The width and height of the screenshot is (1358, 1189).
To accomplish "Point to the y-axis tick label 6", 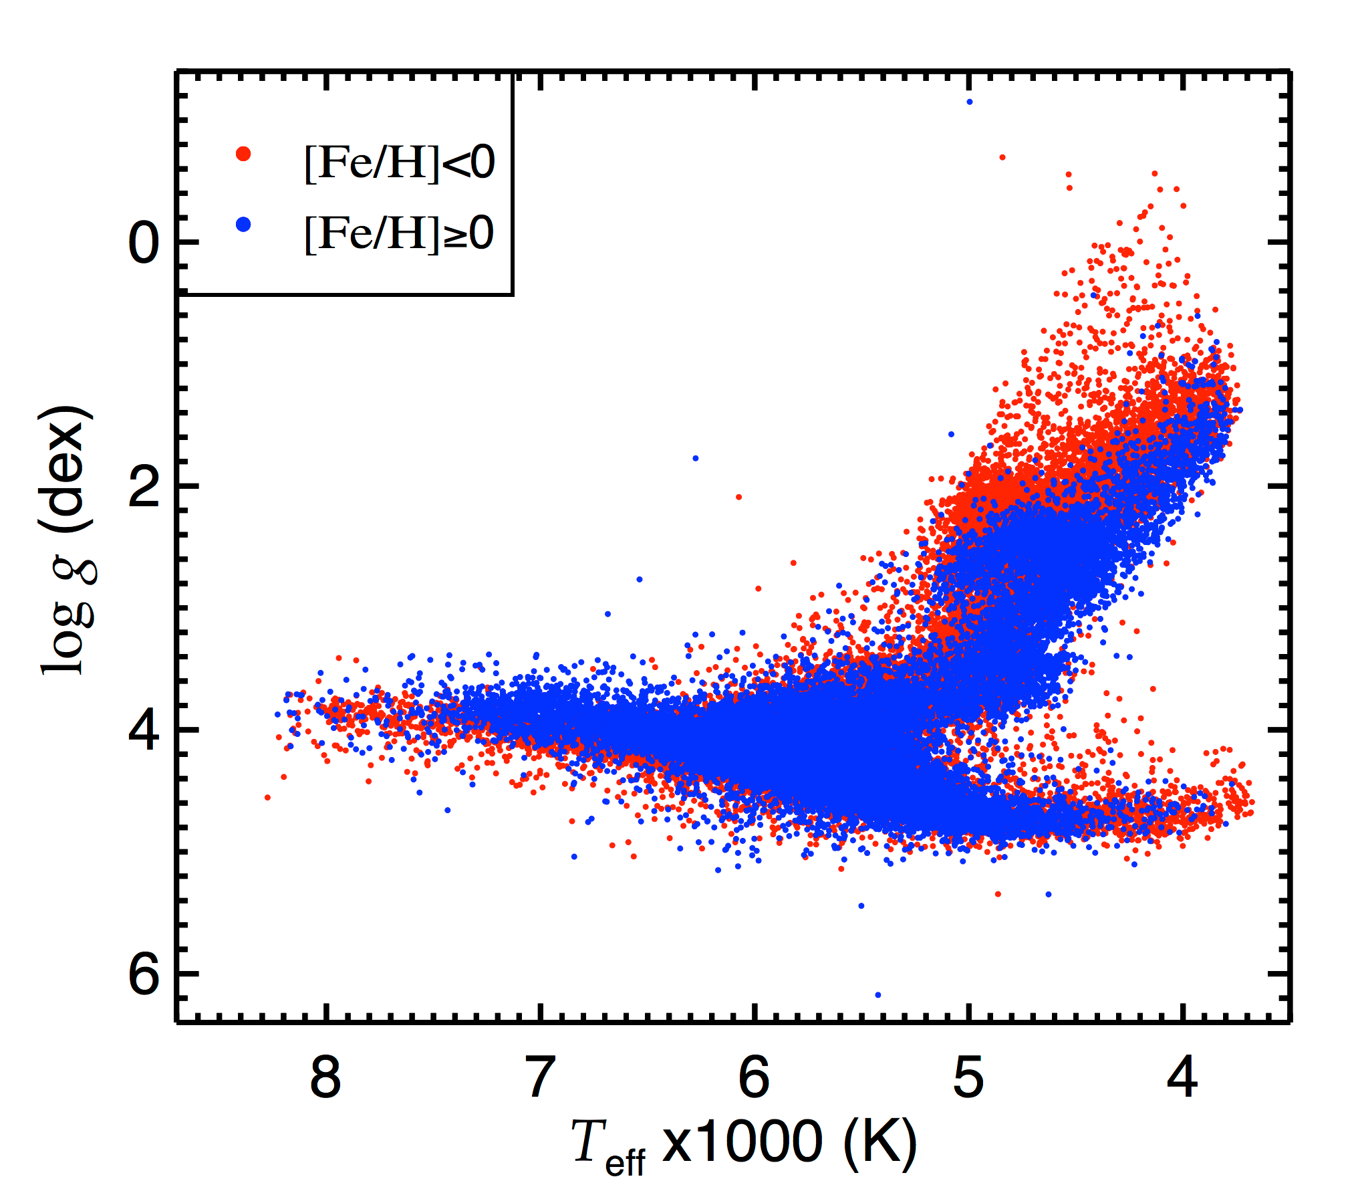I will pyautogui.click(x=144, y=974).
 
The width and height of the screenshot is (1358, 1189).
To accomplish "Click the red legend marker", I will pyautogui.click(x=244, y=154).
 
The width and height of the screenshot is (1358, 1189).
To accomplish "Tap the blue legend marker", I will pyautogui.click(x=244, y=225).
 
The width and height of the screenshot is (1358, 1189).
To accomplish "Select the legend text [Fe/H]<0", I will pyautogui.click(x=400, y=163).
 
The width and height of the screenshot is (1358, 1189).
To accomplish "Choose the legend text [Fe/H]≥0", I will pyautogui.click(x=400, y=233).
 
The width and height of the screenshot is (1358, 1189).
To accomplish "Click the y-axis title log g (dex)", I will pyautogui.click(x=67, y=539).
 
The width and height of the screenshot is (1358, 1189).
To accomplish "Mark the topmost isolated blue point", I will pyautogui.click(x=970, y=102).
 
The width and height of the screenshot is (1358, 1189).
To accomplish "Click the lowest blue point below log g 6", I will pyautogui.click(x=878, y=995).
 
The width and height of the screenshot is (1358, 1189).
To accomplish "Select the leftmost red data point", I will pyautogui.click(x=268, y=797).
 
